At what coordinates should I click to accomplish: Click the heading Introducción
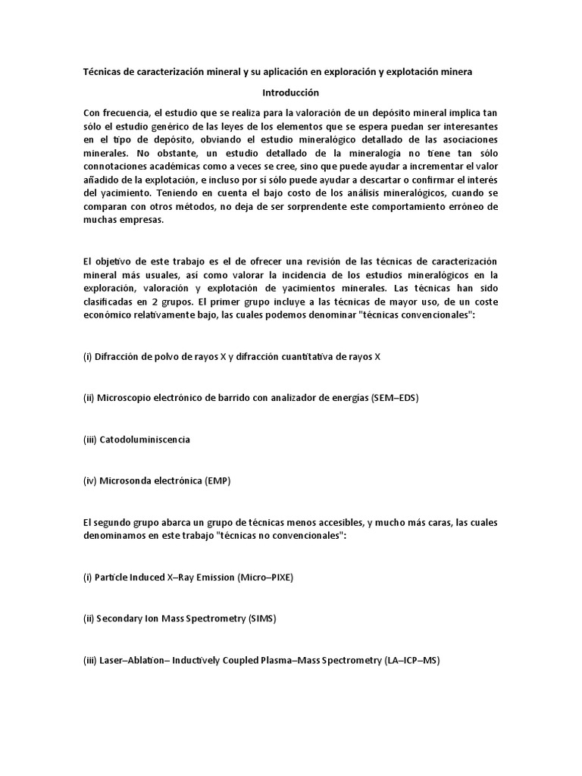click(x=291, y=92)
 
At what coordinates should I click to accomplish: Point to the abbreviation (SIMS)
click(x=262, y=618)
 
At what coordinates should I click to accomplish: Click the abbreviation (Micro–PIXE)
click(x=264, y=577)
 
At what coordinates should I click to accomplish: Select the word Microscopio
click(x=125, y=398)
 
